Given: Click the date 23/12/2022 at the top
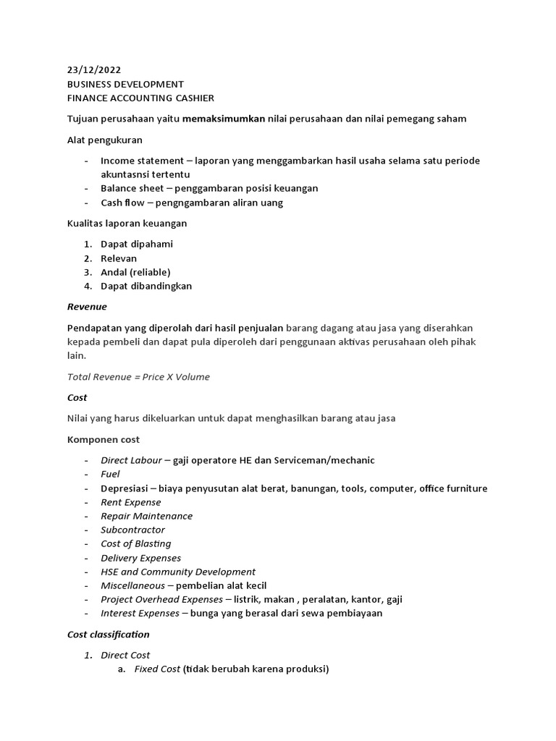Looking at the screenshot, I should point(94,70).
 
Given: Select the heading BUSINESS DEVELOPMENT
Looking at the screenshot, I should point(125,84).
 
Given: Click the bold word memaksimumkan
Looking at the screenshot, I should point(224,119).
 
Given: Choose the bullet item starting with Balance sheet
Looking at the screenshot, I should point(209,188).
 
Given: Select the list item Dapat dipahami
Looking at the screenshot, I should point(137,244).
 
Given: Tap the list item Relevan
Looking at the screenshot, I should point(119,258).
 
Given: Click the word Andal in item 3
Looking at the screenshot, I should point(113,272).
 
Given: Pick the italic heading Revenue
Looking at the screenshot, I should point(87,307).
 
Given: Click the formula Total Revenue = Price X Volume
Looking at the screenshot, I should point(138,376).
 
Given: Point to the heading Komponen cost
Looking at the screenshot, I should point(104,439).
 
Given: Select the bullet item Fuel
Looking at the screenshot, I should point(110,474).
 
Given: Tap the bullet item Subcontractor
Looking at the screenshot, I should point(132,530).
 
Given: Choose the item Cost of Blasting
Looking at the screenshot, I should point(136,543).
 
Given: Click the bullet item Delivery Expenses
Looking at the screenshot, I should point(140,558).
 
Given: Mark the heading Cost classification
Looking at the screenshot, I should point(109,635).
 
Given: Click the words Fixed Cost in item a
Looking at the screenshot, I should point(157,669).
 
